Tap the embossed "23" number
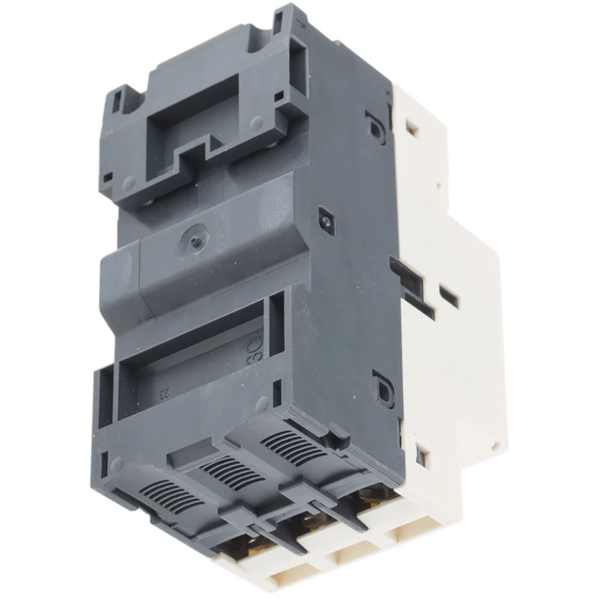(x=164, y=393)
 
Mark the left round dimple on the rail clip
(x=128, y=182)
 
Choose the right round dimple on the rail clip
(x=256, y=124)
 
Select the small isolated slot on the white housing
(x=449, y=296)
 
